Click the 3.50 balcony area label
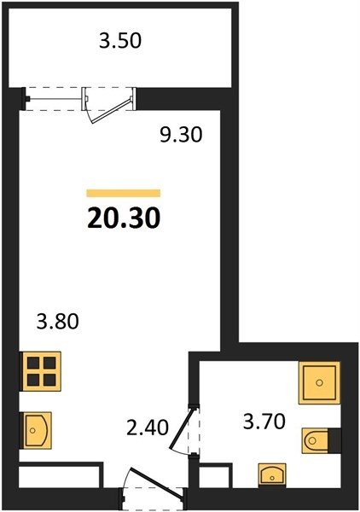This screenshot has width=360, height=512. [x=120, y=41]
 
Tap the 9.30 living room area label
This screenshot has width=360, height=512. [x=181, y=135]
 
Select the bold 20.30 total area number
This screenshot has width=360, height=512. [x=124, y=218]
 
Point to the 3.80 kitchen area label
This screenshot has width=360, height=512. [x=57, y=321]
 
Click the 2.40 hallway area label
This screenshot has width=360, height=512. [x=148, y=428]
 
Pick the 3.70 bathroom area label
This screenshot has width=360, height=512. [x=264, y=422]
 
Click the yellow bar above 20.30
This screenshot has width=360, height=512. [x=124, y=194]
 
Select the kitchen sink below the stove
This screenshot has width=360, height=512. [x=35, y=430]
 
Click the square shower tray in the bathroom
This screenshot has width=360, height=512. [x=319, y=382]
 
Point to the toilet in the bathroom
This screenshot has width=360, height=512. [x=315, y=441]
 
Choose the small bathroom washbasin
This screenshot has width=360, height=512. [x=272, y=475]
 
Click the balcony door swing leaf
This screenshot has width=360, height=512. [x=112, y=110]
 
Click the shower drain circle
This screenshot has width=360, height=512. [x=320, y=382]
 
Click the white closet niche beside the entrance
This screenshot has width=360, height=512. [x=59, y=477]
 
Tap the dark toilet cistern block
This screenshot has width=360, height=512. [x=334, y=440]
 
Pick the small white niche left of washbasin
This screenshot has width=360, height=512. [x=215, y=477]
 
